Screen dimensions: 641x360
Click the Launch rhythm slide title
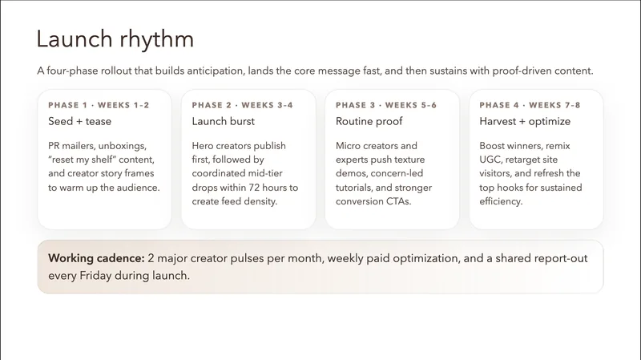115,39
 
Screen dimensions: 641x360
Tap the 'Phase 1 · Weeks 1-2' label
99,105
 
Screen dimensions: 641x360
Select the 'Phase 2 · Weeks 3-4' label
243,105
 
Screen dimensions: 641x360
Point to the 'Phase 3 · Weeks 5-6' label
386,105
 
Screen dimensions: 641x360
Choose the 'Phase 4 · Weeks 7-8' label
530,105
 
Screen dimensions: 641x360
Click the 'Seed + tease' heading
79,122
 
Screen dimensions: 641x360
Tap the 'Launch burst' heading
224,122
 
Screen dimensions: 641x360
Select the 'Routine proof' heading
369,122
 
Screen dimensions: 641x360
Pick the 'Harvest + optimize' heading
525,122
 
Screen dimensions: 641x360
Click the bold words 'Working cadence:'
96,258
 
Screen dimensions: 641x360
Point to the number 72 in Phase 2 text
255,188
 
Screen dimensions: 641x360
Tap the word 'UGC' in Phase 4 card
490,160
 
